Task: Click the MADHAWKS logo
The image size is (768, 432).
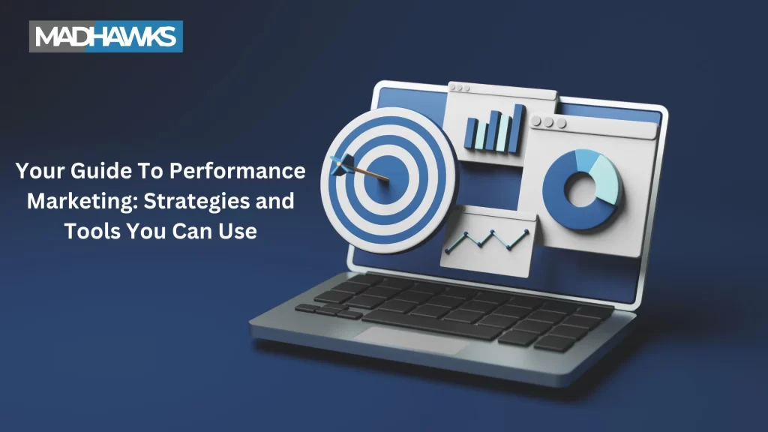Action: (106, 36)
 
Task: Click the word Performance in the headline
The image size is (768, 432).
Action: (238, 171)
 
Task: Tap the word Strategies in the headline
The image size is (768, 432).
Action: (196, 201)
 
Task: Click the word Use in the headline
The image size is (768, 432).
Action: (238, 231)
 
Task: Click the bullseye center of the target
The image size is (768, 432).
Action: (386, 179)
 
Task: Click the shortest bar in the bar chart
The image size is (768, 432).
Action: (472, 133)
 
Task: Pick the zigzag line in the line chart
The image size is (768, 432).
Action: (487, 240)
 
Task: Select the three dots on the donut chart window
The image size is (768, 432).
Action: (548, 121)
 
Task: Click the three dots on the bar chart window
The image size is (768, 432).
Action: (460, 88)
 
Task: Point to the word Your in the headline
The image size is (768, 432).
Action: (40, 171)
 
